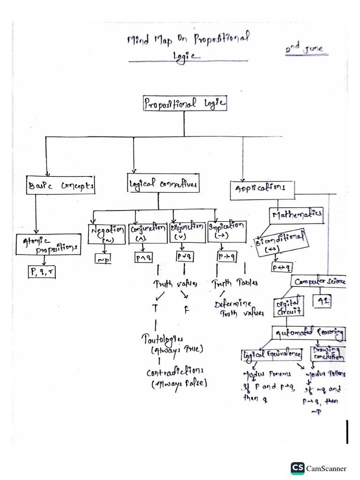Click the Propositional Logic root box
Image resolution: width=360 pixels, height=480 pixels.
185,104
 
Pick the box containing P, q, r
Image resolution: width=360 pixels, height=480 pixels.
40,271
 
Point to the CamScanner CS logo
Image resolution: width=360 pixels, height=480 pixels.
297,467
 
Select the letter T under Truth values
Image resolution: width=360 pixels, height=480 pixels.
154,308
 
